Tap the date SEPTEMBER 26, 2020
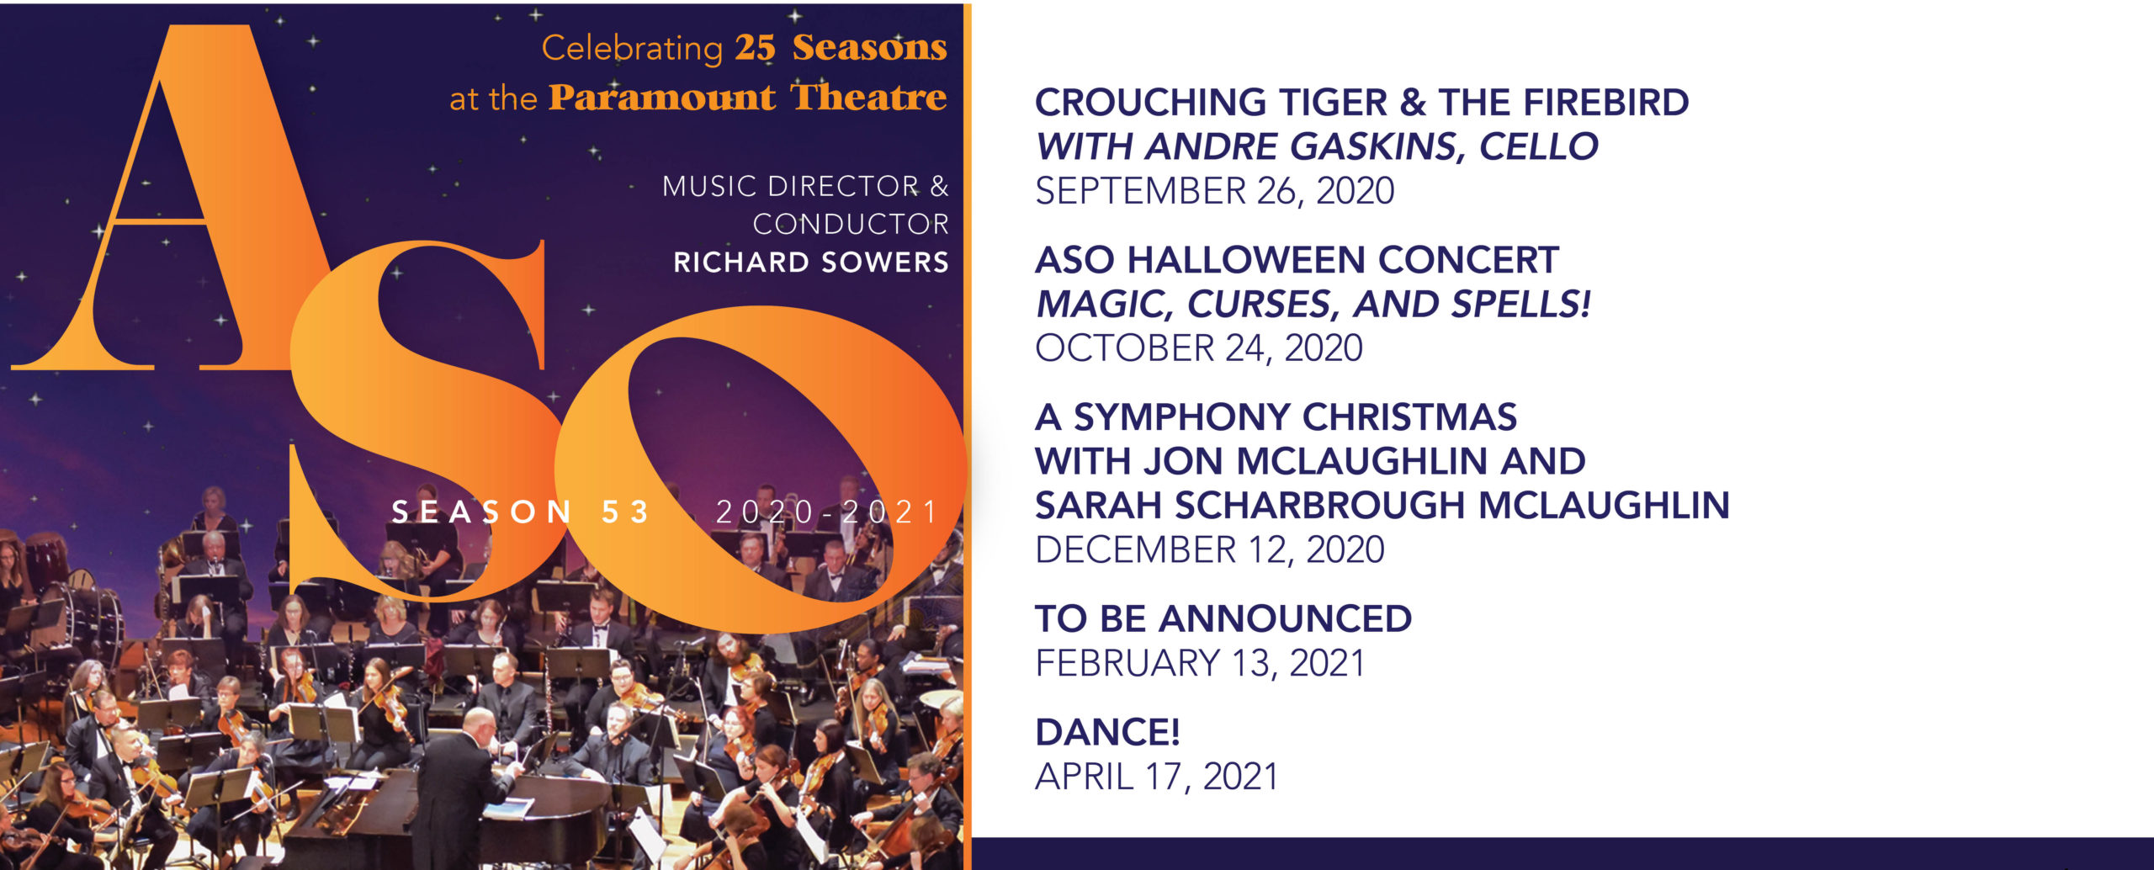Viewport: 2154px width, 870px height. [x=1214, y=191]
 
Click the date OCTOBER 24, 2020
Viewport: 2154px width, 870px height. [x=1198, y=348]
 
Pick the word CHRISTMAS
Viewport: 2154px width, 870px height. [x=1409, y=417]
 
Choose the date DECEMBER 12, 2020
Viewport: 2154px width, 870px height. [x=1209, y=550]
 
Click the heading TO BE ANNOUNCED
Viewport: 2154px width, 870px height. [x=1223, y=619]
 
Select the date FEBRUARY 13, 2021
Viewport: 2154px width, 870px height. [x=1200, y=664]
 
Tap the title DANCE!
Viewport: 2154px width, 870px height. [x=1107, y=733]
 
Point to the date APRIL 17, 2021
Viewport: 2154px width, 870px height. [x=1157, y=777]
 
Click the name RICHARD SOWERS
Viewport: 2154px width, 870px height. [x=811, y=263]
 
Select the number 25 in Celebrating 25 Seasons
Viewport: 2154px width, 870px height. [x=755, y=48]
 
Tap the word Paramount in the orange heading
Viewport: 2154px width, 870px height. [x=661, y=98]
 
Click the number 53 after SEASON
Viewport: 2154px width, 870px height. [x=625, y=512]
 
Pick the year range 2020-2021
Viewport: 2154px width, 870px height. [x=826, y=512]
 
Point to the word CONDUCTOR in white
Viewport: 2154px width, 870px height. [x=851, y=225]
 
